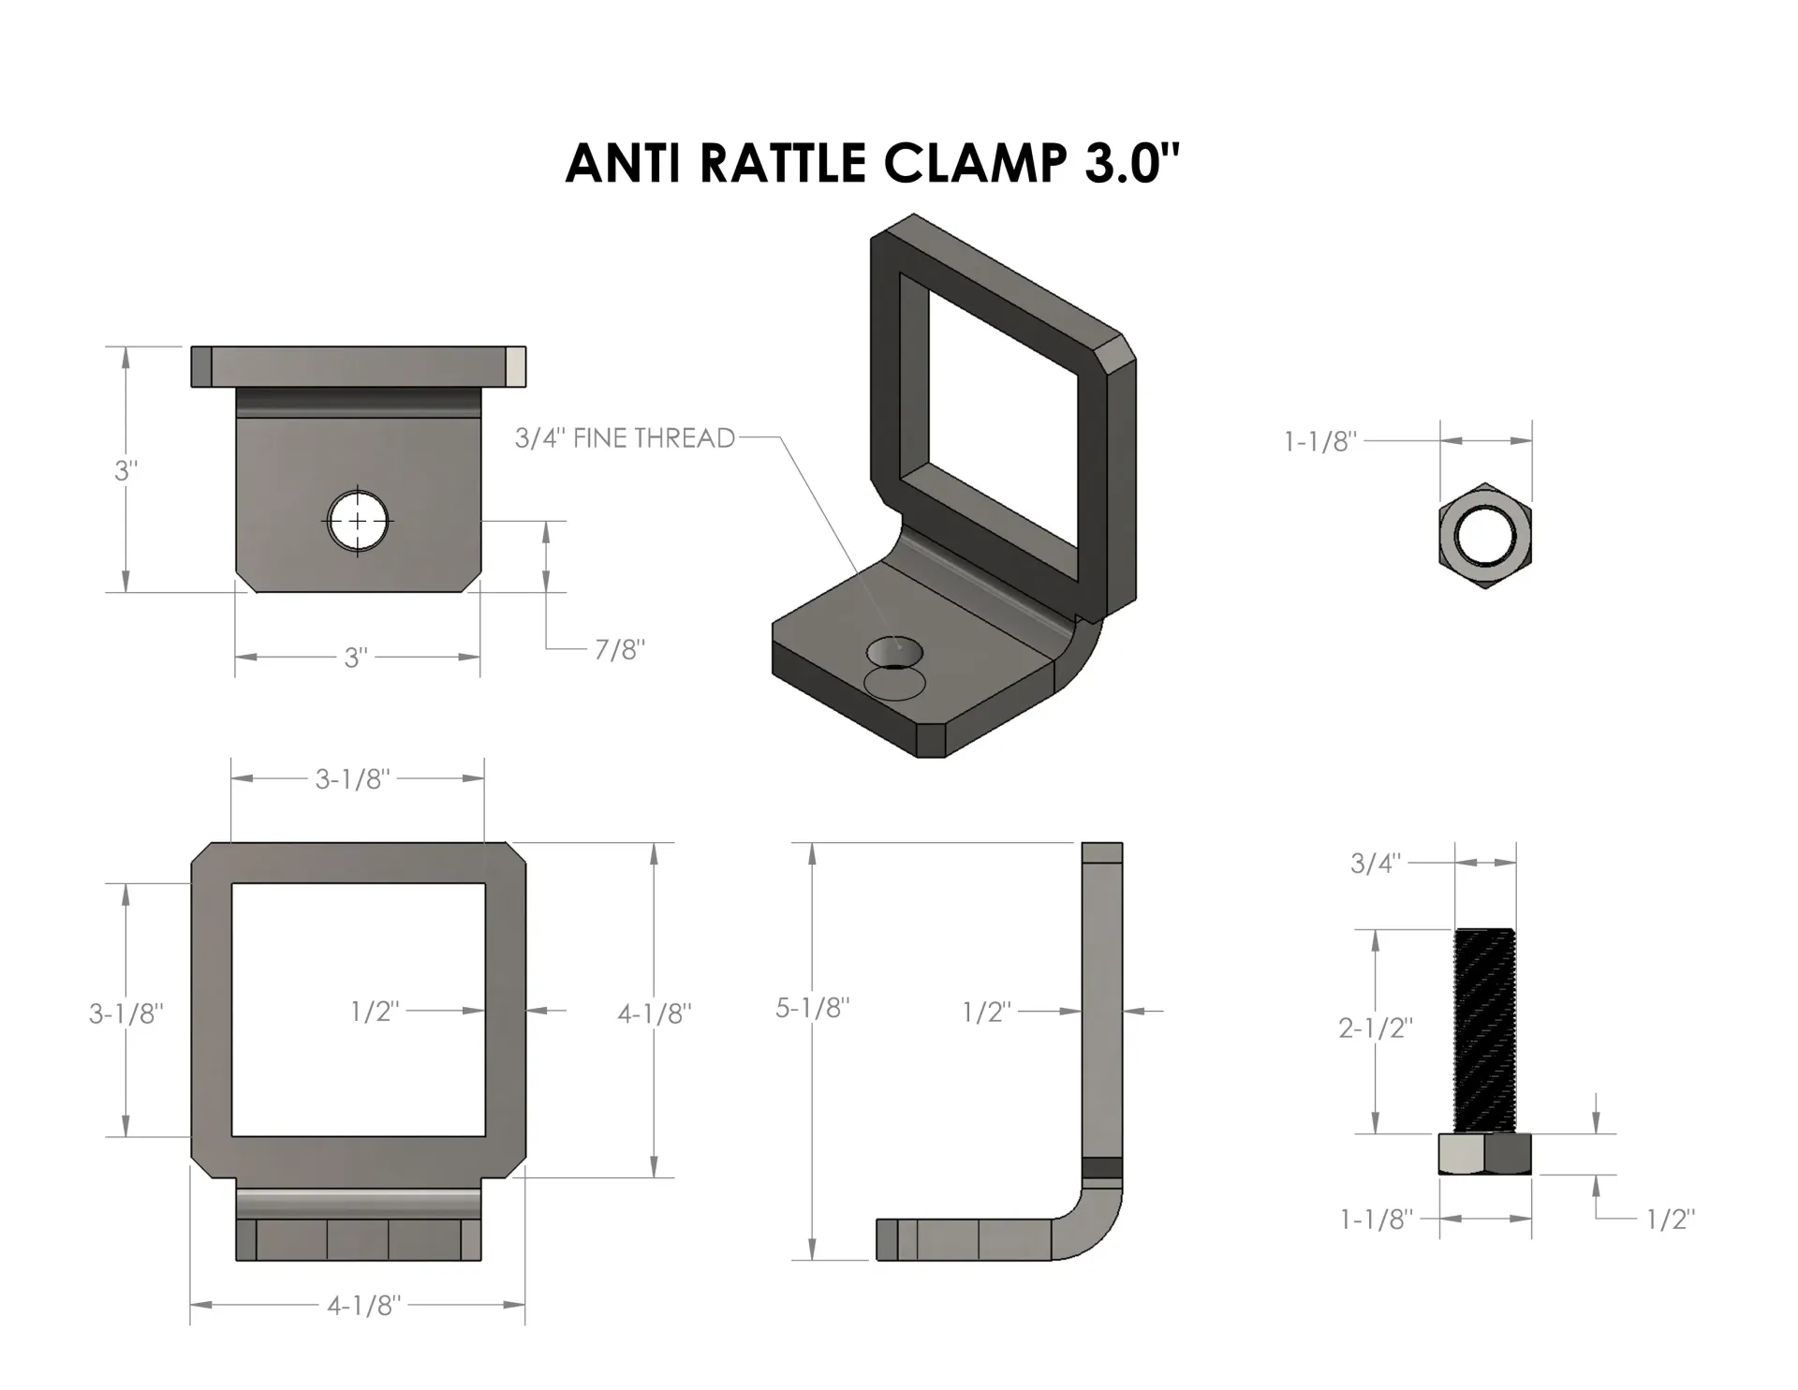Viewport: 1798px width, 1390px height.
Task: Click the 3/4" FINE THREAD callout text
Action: pos(625,437)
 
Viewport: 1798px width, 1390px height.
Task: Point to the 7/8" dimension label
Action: pos(620,649)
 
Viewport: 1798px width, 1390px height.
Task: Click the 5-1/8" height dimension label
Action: pos(813,1008)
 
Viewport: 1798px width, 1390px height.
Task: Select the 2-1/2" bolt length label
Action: pos(1375,1028)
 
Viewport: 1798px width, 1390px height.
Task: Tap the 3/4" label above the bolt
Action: pos(1375,863)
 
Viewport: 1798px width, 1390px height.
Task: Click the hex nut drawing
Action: pos(1485,537)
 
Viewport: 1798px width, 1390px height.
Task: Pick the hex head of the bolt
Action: pos(1485,1154)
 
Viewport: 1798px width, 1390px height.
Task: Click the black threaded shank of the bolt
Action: pos(1485,1030)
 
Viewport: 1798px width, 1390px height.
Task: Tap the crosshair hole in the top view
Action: pos(358,520)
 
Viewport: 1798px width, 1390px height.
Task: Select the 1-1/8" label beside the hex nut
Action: pos(1319,441)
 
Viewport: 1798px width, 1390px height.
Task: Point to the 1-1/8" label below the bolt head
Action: pos(1376,1219)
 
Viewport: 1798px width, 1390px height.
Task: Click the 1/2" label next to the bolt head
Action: pos(1671,1219)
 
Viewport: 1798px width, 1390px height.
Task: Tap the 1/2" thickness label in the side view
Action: pos(987,1012)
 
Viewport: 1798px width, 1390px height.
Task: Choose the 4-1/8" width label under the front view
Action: pos(363,1305)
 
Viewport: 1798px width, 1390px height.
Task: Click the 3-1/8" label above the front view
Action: pos(352,778)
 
